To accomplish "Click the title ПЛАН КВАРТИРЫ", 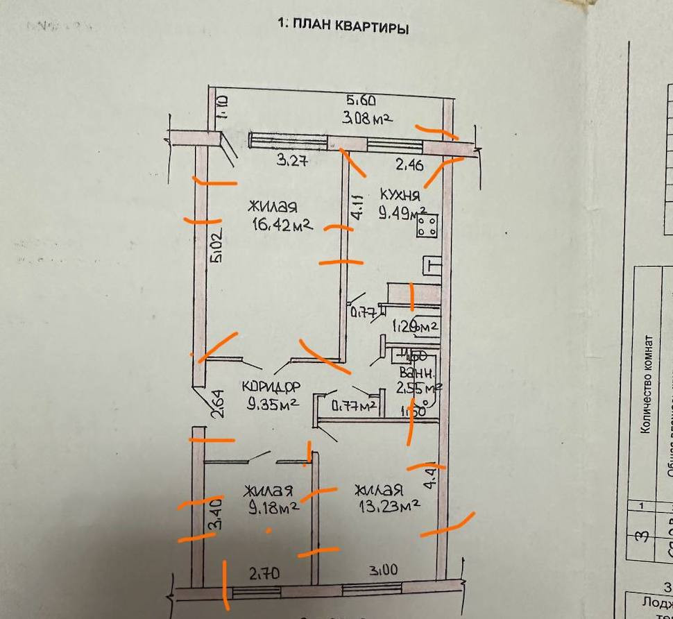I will (x=343, y=27).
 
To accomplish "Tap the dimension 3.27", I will (x=292, y=162).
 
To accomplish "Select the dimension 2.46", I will (x=409, y=164).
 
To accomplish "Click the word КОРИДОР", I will (x=271, y=387).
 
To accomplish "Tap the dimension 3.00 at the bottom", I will (x=384, y=570).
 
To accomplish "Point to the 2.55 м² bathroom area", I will (x=418, y=387).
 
